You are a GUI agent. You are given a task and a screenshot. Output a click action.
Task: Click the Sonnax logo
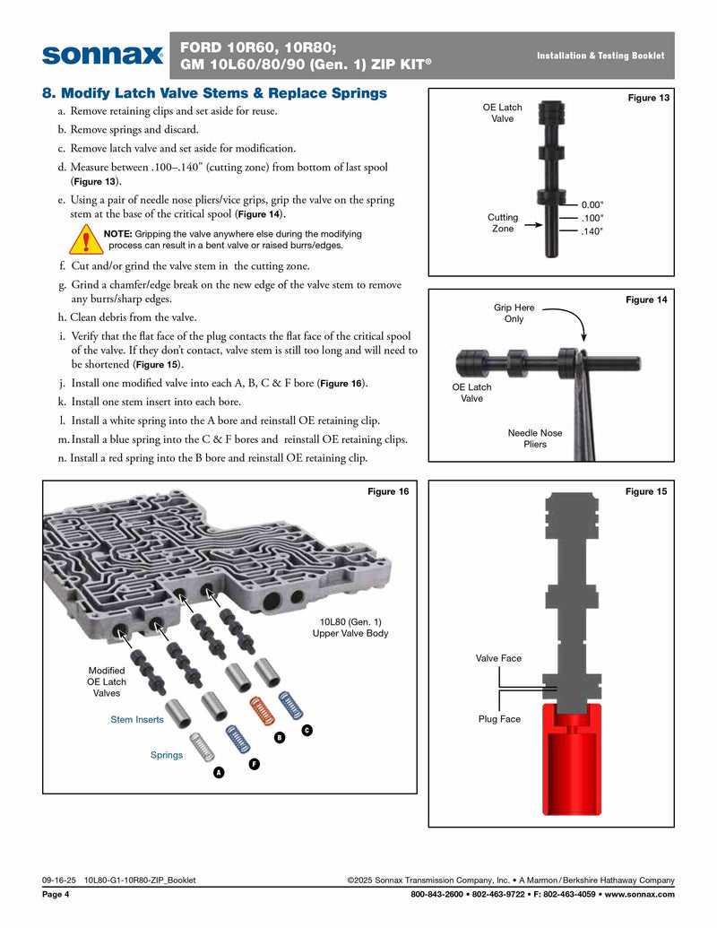click(101, 56)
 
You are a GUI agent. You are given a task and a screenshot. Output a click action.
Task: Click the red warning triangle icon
click(86, 239)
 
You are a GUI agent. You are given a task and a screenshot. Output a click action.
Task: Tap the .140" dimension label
click(592, 231)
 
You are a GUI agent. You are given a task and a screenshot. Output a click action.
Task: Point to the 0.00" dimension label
click(592, 204)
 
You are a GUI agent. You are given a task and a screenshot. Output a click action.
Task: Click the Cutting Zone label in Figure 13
click(503, 223)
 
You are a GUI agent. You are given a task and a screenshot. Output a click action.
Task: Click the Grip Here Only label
click(514, 313)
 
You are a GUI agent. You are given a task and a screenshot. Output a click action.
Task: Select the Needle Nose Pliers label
click(535, 438)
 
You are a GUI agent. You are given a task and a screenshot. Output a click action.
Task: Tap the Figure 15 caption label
click(646, 491)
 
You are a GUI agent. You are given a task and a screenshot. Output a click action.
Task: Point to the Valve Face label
click(498, 658)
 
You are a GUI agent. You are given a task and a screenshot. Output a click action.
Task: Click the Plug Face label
click(499, 719)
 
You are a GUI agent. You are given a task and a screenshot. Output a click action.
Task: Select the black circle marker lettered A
click(218, 773)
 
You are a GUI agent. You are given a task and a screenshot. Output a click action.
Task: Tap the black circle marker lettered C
click(307, 731)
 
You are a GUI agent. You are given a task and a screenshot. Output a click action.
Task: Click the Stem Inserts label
click(137, 720)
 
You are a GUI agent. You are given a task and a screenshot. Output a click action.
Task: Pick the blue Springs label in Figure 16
click(166, 755)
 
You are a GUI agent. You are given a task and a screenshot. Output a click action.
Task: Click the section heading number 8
click(49, 93)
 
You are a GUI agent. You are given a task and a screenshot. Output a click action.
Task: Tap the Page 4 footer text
click(56, 895)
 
